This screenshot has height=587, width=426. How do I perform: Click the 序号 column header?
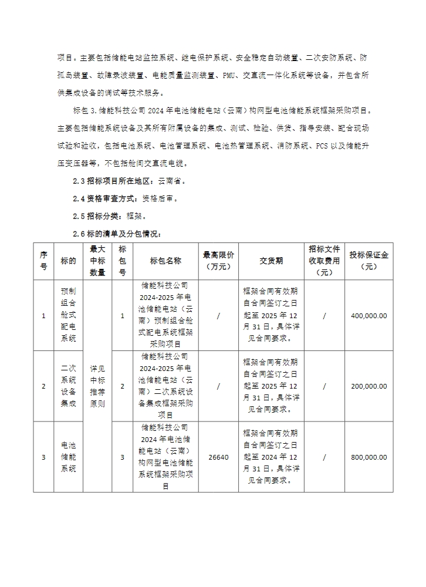pyautogui.click(x=43, y=261)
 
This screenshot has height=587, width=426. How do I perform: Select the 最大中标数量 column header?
pyautogui.click(x=97, y=261)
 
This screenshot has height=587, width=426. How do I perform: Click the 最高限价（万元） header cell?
pyautogui.click(x=218, y=261)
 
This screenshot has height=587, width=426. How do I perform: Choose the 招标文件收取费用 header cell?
pyautogui.click(x=324, y=261)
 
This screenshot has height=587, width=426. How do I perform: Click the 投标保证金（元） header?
pyautogui.click(x=369, y=261)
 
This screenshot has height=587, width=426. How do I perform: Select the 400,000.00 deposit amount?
pyautogui.click(x=369, y=316)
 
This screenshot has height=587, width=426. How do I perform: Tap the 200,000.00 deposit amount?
pyautogui.click(x=369, y=386)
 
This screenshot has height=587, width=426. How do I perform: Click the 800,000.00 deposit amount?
pyautogui.click(x=369, y=457)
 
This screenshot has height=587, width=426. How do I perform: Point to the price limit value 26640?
pyautogui.click(x=218, y=457)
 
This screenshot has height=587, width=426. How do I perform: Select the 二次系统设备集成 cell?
pyautogui.click(x=68, y=386)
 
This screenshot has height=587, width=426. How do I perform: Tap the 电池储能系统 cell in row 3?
pyautogui.click(x=68, y=457)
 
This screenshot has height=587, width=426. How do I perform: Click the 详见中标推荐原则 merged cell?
pyautogui.click(x=97, y=386)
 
